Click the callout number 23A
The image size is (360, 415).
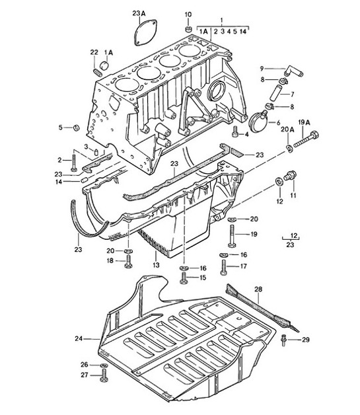(x=137, y=13)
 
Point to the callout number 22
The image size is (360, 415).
(x=94, y=52)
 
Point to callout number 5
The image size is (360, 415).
(x=59, y=127)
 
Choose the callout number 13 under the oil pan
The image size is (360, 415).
(x=156, y=265)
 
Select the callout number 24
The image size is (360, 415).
(x=79, y=338)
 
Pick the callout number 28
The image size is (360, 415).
(x=258, y=289)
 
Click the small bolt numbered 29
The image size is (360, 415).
(x=284, y=339)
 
